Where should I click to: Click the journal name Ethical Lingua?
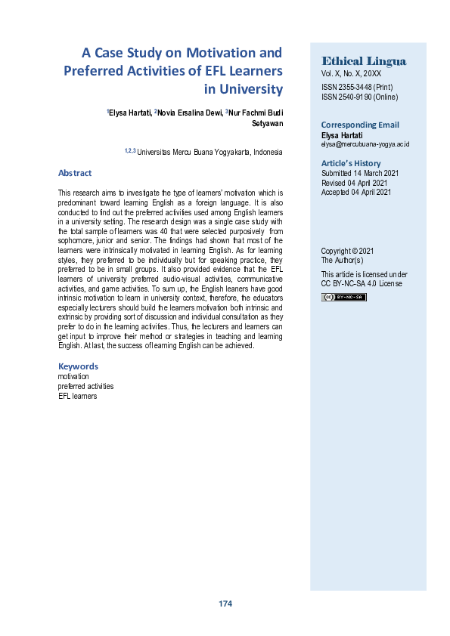click(364, 61)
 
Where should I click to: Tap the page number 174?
click(225, 604)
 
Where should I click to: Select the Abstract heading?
click(75, 173)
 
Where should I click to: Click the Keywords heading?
click(78, 366)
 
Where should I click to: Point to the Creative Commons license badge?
click(344, 297)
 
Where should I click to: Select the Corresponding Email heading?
click(360, 125)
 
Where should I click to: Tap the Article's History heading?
click(351, 163)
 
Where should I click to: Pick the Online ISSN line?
click(359, 97)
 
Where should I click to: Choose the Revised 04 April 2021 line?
click(353, 183)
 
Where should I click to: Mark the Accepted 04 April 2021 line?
click(355, 193)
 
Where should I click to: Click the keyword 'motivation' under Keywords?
click(73, 376)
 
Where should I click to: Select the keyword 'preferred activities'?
click(85, 386)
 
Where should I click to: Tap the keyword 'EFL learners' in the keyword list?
click(77, 396)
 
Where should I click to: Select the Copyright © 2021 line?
click(347, 251)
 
